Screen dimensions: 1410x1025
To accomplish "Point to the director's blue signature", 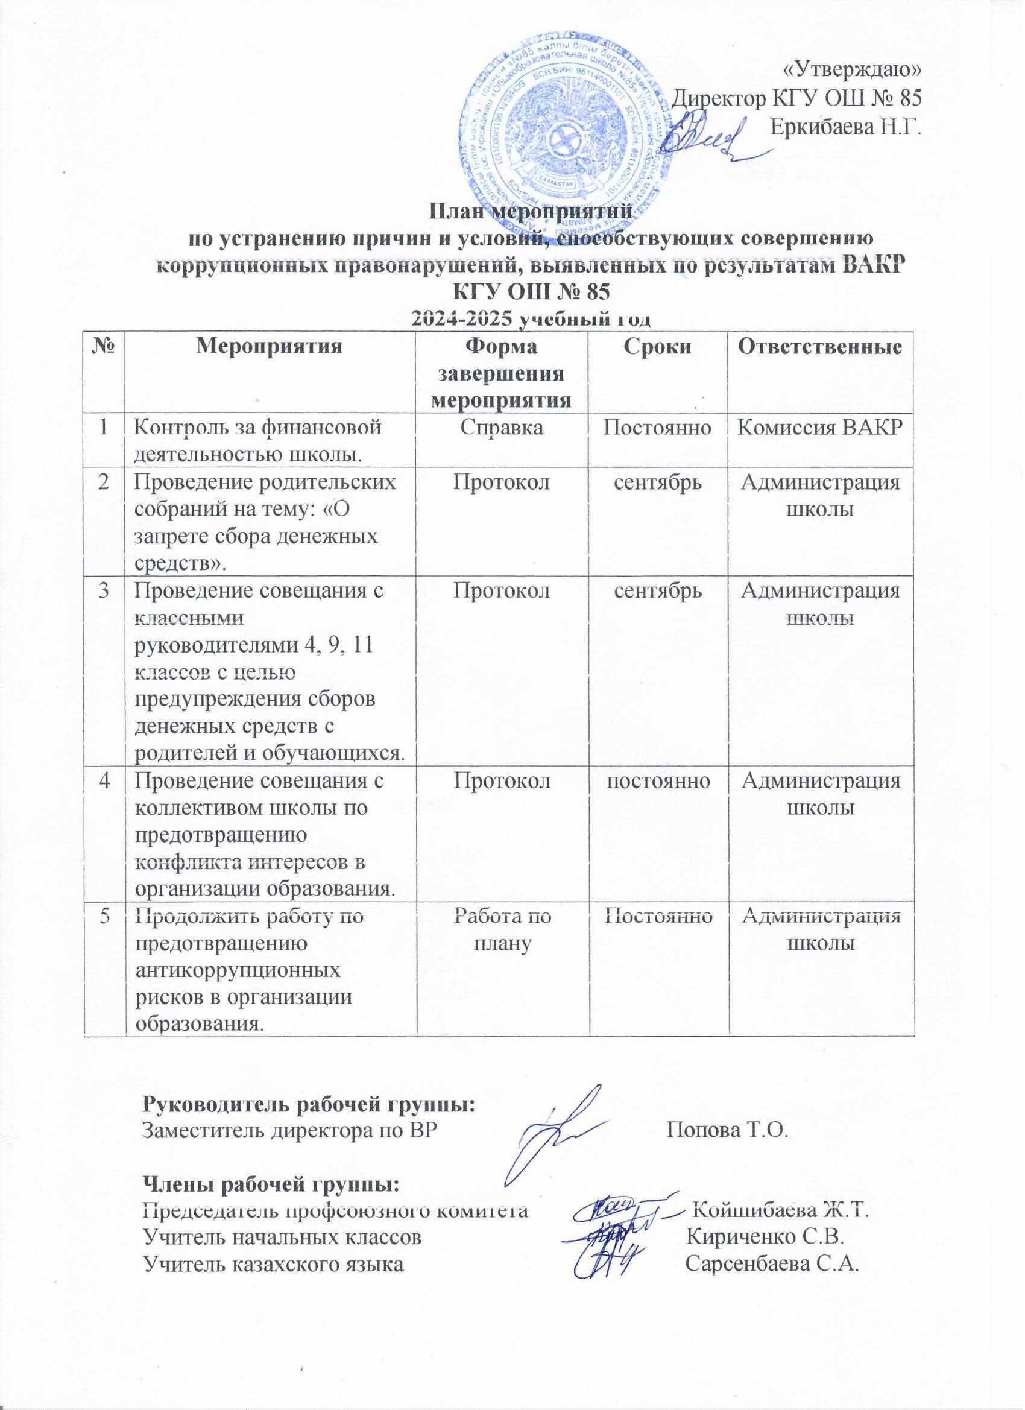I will (x=708, y=136).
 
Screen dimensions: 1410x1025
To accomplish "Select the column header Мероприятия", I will (x=270, y=348).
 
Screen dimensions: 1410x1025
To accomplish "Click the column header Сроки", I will (x=659, y=348).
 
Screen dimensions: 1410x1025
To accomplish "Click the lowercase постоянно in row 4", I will (x=659, y=782).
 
